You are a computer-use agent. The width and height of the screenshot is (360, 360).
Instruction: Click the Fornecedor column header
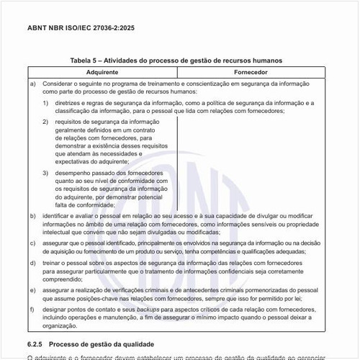[x=251, y=73]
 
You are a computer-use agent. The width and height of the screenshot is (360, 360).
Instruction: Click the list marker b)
[x=33, y=216]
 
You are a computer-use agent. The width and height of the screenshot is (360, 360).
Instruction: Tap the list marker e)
[x=33, y=290]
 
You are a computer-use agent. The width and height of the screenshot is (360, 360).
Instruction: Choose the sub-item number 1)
[x=45, y=103]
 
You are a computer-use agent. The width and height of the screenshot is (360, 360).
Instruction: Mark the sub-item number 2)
[x=45, y=122]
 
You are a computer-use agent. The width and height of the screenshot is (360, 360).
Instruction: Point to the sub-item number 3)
[x=45, y=174]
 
